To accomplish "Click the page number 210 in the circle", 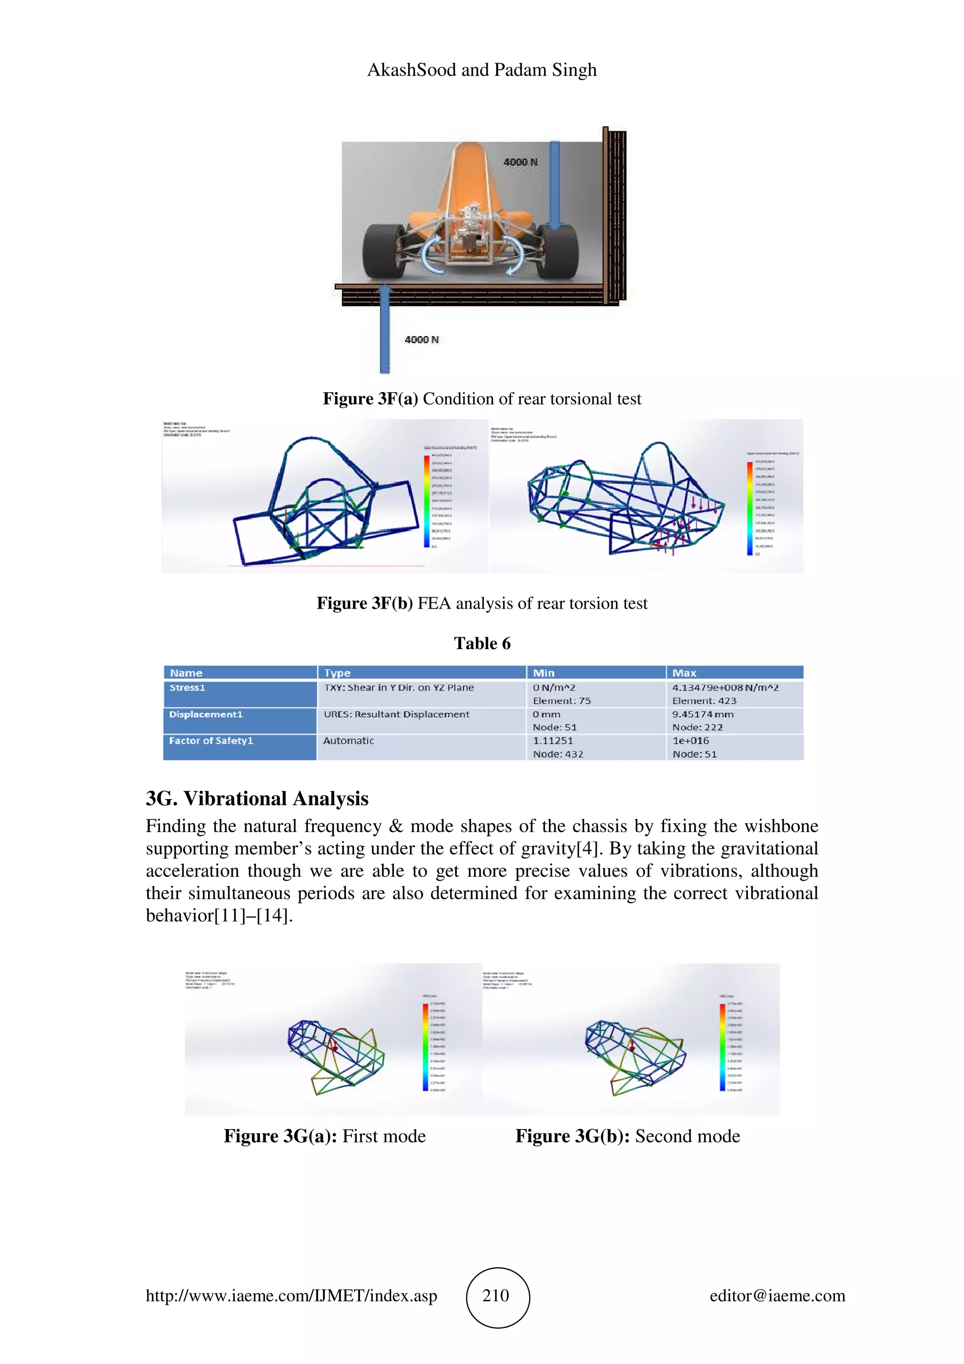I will [x=496, y=1295].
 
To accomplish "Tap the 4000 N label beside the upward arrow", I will [x=421, y=339].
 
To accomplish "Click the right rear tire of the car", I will [x=556, y=252].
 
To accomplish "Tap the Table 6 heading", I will [x=482, y=643].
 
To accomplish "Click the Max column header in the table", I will [x=684, y=673].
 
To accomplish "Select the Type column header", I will [x=337, y=673].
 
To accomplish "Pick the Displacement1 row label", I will [x=206, y=714].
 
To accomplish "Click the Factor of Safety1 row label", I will [x=211, y=741].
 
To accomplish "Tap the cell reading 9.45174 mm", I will [x=703, y=714].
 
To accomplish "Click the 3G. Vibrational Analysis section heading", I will [x=257, y=798].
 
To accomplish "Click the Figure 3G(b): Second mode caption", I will [x=627, y=1136].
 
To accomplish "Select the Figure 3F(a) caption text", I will [x=482, y=399].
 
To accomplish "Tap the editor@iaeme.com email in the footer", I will [x=777, y=1296].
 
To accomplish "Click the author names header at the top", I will [x=482, y=70].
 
